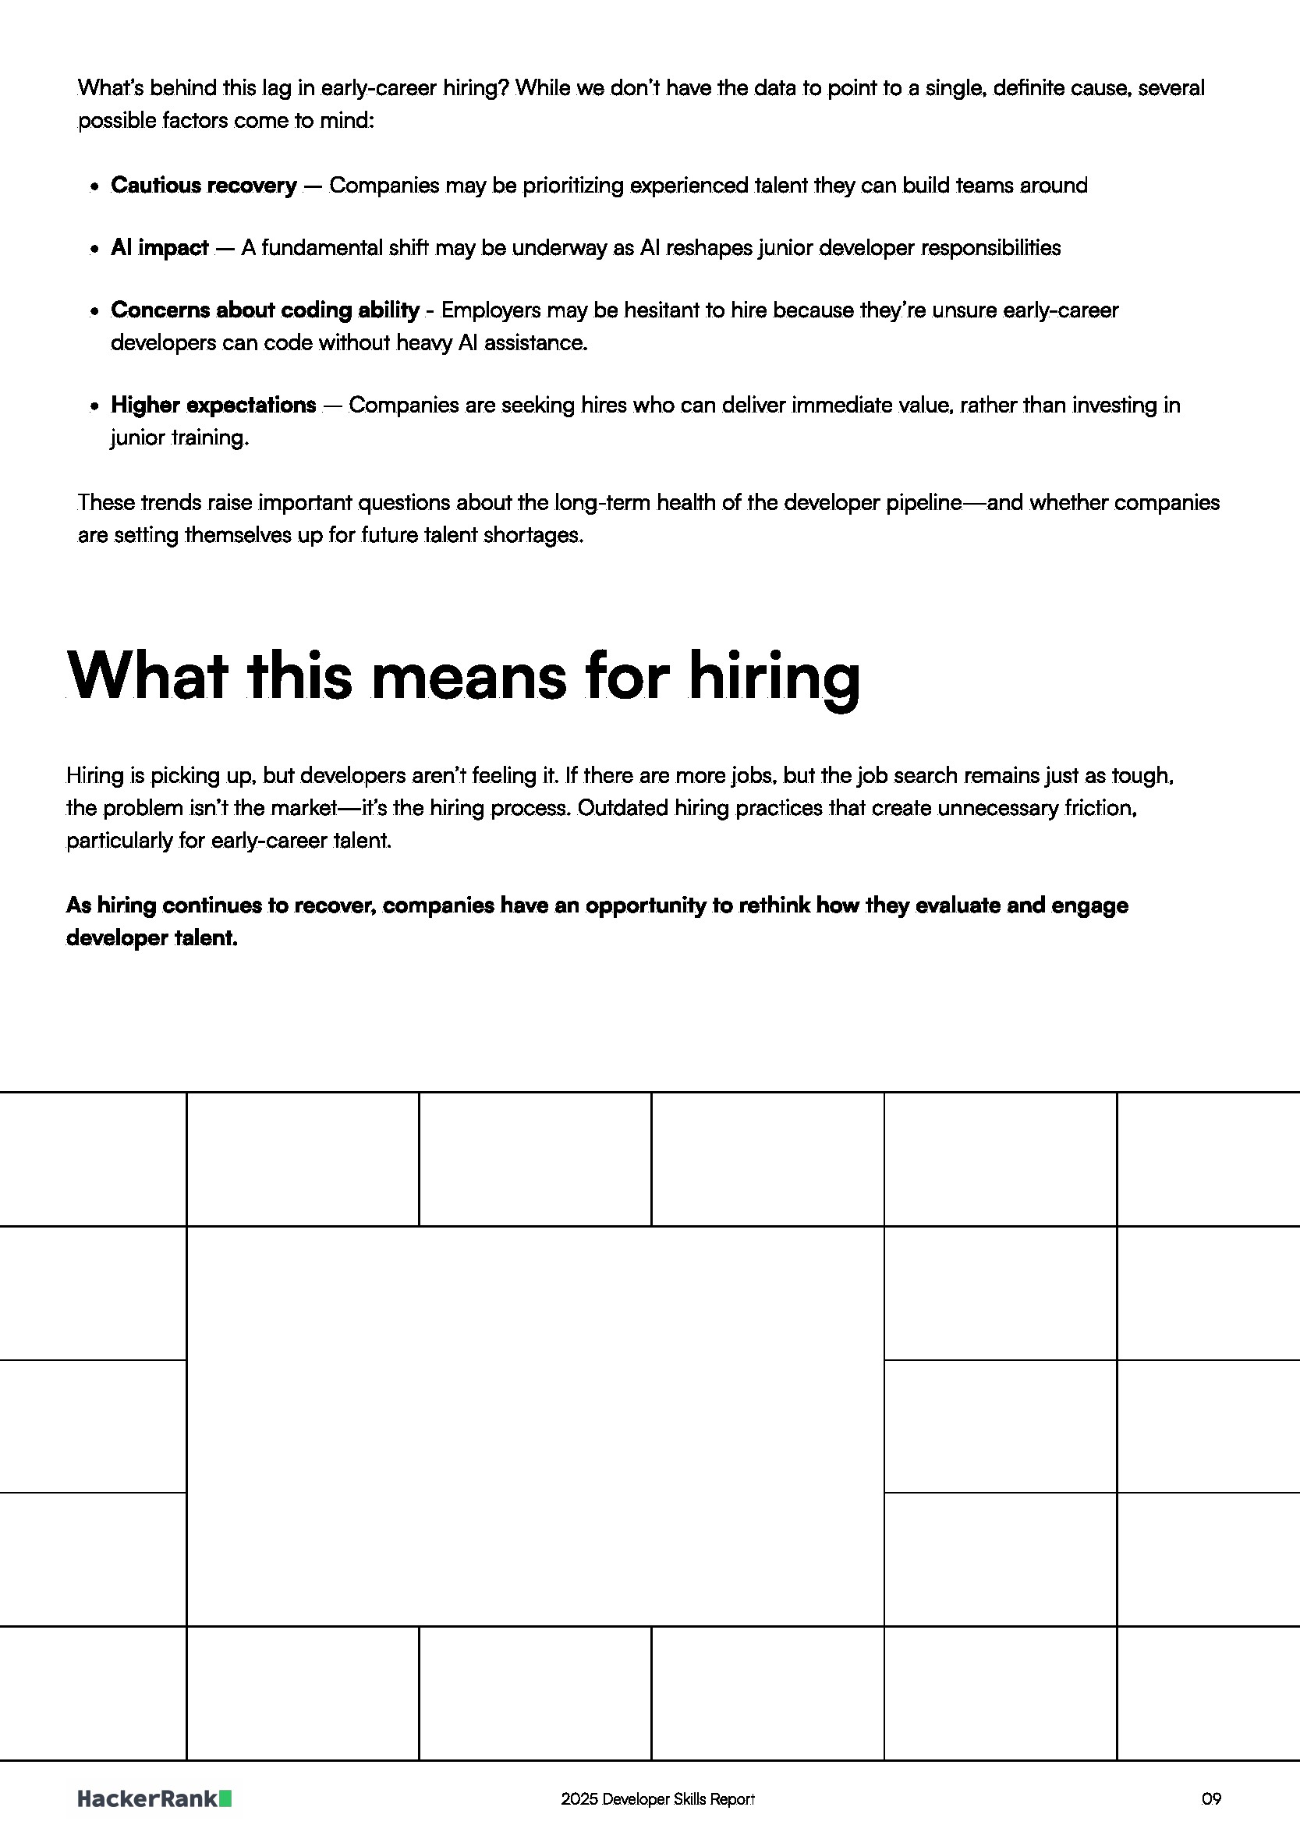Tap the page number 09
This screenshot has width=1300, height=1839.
tap(1211, 1799)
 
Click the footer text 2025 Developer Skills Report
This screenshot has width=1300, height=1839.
tap(657, 1799)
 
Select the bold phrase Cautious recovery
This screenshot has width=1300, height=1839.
tap(204, 185)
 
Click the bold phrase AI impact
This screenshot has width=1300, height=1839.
tap(159, 247)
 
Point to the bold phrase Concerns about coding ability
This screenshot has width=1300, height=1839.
tap(264, 310)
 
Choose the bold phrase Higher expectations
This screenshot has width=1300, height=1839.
tap(213, 405)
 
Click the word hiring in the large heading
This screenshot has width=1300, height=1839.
tap(774, 677)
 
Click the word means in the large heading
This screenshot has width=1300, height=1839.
tap(469, 677)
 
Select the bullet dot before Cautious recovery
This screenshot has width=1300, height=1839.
tap(94, 186)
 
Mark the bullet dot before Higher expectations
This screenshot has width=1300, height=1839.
tap(94, 406)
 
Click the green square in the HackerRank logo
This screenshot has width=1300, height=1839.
tap(225, 1798)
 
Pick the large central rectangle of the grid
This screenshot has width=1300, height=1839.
tap(535, 1425)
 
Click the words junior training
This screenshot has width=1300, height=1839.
tap(179, 438)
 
